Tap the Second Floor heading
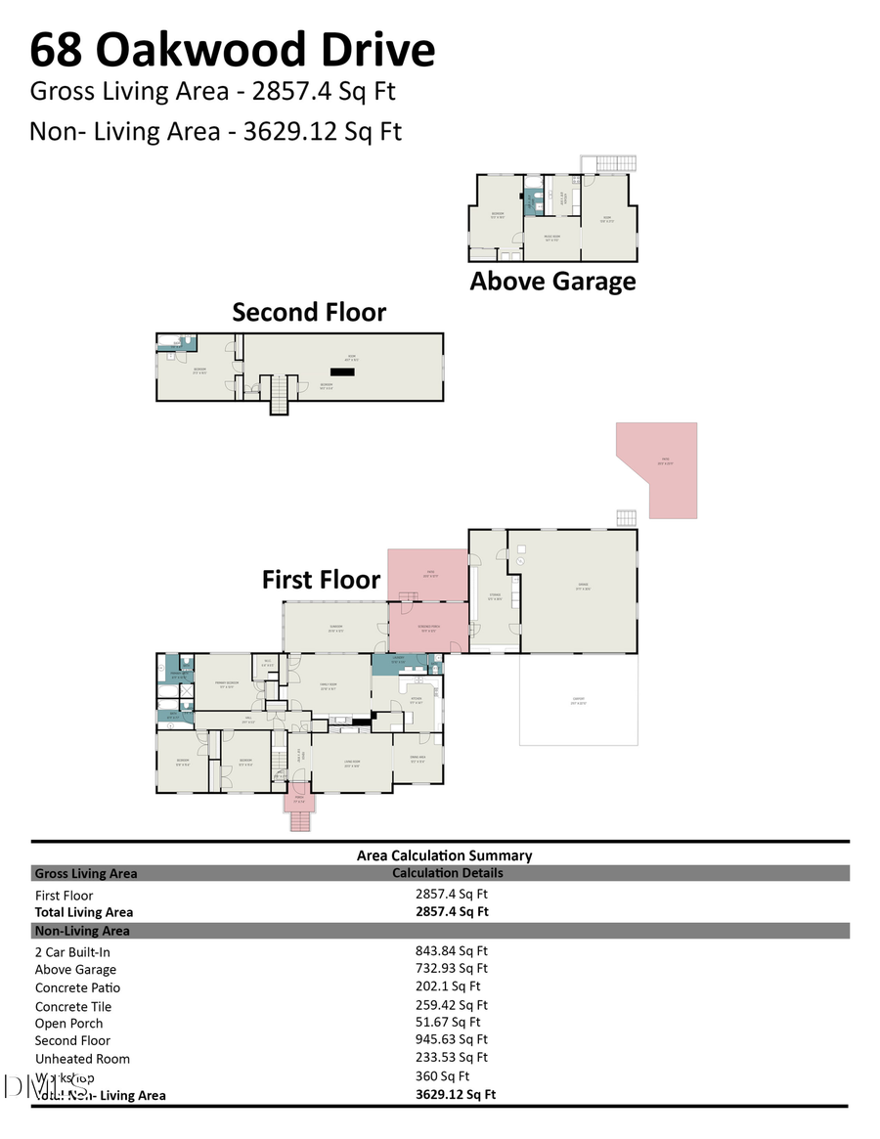309,312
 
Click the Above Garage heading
552,282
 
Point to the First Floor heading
321,579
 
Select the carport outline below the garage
578,699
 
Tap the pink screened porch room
427,629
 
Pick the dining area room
418,758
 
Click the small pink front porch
298,802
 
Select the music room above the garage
551,239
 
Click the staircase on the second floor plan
281,395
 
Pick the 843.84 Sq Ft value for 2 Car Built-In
451,950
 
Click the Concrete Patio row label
77,987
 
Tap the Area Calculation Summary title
444,855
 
